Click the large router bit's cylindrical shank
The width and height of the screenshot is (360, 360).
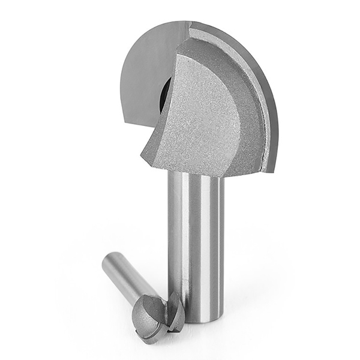coord(196,240)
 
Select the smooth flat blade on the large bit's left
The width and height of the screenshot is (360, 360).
coord(144,72)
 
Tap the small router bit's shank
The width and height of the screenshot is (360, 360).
coord(123,276)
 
